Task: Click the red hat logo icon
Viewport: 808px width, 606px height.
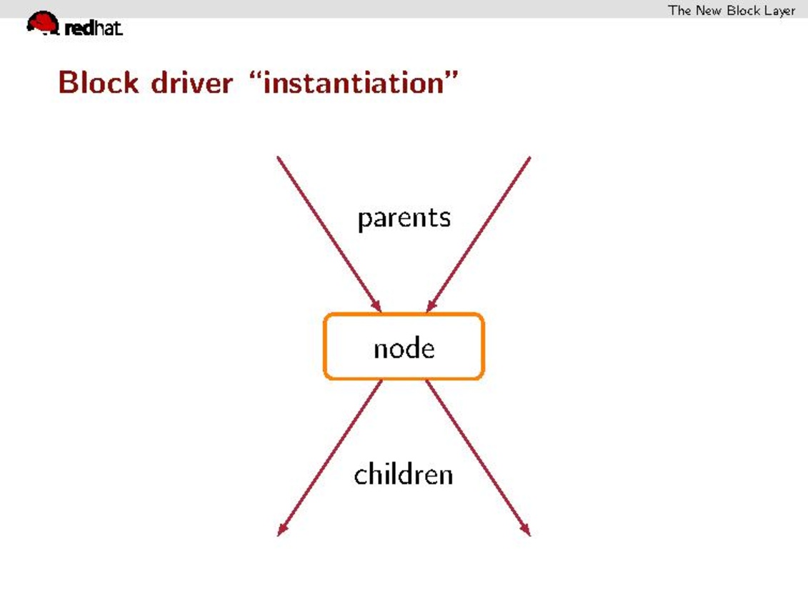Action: click(44, 23)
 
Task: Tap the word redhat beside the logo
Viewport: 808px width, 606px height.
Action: click(94, 28)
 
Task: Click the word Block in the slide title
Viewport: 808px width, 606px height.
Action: click(99, 82)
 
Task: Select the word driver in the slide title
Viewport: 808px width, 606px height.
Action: click(191, 82)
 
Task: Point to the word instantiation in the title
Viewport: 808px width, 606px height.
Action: click(354, 83)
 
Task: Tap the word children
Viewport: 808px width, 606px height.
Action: click(404, 473)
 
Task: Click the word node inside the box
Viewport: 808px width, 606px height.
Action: click(404, 348)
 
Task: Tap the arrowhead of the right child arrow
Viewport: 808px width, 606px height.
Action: click(525, 530)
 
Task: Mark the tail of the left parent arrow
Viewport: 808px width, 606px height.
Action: click(277, 157)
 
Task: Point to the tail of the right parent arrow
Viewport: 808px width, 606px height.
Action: click(530, 157)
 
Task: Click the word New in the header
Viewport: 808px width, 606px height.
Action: click(709, 10)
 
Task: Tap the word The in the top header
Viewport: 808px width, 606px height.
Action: click(679, 10)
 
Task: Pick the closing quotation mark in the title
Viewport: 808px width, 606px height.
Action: click(452, 76)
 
